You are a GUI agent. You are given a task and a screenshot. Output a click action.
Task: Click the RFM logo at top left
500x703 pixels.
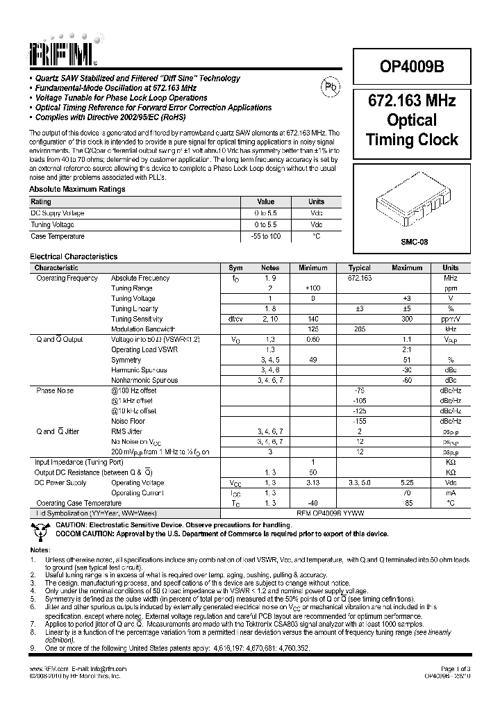point(65,49)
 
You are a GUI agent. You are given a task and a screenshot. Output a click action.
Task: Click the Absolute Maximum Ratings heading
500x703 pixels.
point(77,189)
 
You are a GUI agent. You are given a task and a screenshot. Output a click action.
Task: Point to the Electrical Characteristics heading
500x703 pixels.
point(74,256)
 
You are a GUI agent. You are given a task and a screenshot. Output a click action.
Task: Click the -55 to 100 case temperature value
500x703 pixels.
point(265,236)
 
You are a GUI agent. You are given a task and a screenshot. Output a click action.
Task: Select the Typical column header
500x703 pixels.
point(359,267)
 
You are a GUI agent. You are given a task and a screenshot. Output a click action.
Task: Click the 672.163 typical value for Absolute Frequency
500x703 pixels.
point(359,278)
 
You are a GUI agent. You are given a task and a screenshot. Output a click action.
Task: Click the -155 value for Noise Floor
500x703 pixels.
point(359,421)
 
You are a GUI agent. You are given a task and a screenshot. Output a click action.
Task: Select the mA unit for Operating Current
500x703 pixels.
point(451,493)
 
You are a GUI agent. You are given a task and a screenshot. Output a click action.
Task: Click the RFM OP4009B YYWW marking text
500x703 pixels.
point(330,513)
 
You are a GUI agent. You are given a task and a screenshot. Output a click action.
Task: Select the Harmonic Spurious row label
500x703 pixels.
point(140,370)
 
